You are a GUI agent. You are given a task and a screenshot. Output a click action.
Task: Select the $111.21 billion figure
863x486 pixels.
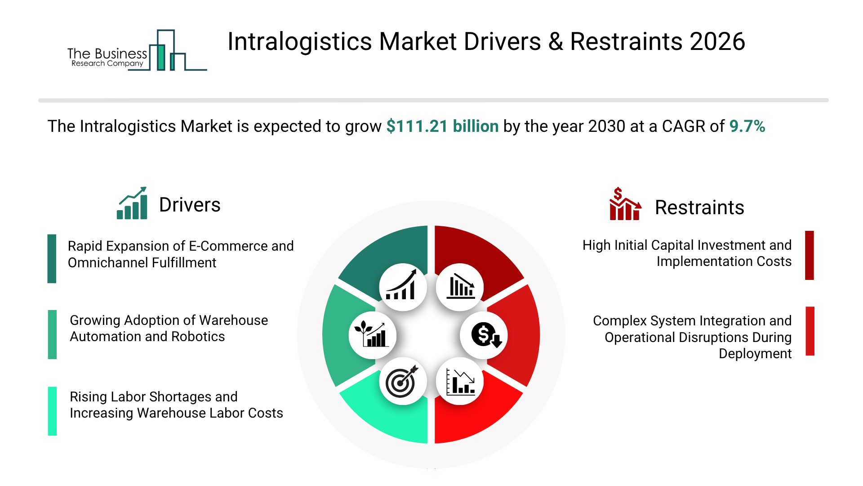pyautogui.click(x=442, y=126)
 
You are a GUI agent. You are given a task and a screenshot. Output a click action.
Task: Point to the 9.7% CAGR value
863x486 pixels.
pyautogui.click(x=747, y=126)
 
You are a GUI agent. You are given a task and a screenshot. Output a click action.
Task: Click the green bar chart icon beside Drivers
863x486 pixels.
pyautogui.click(x=132, y=203)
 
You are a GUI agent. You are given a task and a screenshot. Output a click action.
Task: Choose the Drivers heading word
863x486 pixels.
pyautogui.click(x=190, y=205)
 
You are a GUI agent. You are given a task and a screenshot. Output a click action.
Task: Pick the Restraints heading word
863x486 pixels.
pyautogui.click(x=699, y=208)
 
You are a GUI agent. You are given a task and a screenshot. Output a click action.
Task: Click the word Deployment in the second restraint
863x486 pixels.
pyautogui.click(x=755, y=354)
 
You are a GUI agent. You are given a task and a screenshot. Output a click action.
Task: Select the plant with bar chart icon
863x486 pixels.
pyautogui.click(x=372, y=335)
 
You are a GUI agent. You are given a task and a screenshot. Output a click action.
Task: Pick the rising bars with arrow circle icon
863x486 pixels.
pyautogui.click(x=402, y=287)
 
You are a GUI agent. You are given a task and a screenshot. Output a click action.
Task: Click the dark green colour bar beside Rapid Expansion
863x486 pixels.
pyautogui.click(x=52, y=259)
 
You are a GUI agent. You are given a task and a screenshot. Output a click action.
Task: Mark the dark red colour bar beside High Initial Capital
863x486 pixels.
pyautogui.click(x=810, y=255)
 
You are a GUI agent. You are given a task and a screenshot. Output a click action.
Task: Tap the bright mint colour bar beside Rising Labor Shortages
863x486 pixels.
pyautogui.click(x=52, y=411)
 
